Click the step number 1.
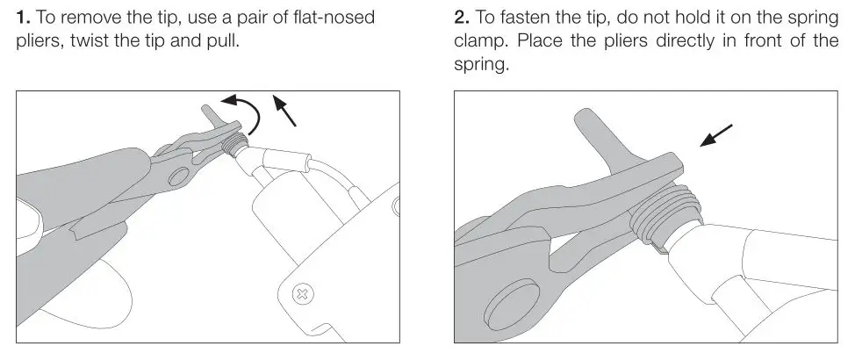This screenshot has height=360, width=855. pyautogui.click(x=22, y=17)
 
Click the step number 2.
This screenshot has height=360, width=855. pyautogui.click(x=460, y=17)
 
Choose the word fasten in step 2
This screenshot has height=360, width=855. pyautogui.click(x=531, y=17)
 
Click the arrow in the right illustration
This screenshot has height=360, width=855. pyautogui.click(x=715, y=135)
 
